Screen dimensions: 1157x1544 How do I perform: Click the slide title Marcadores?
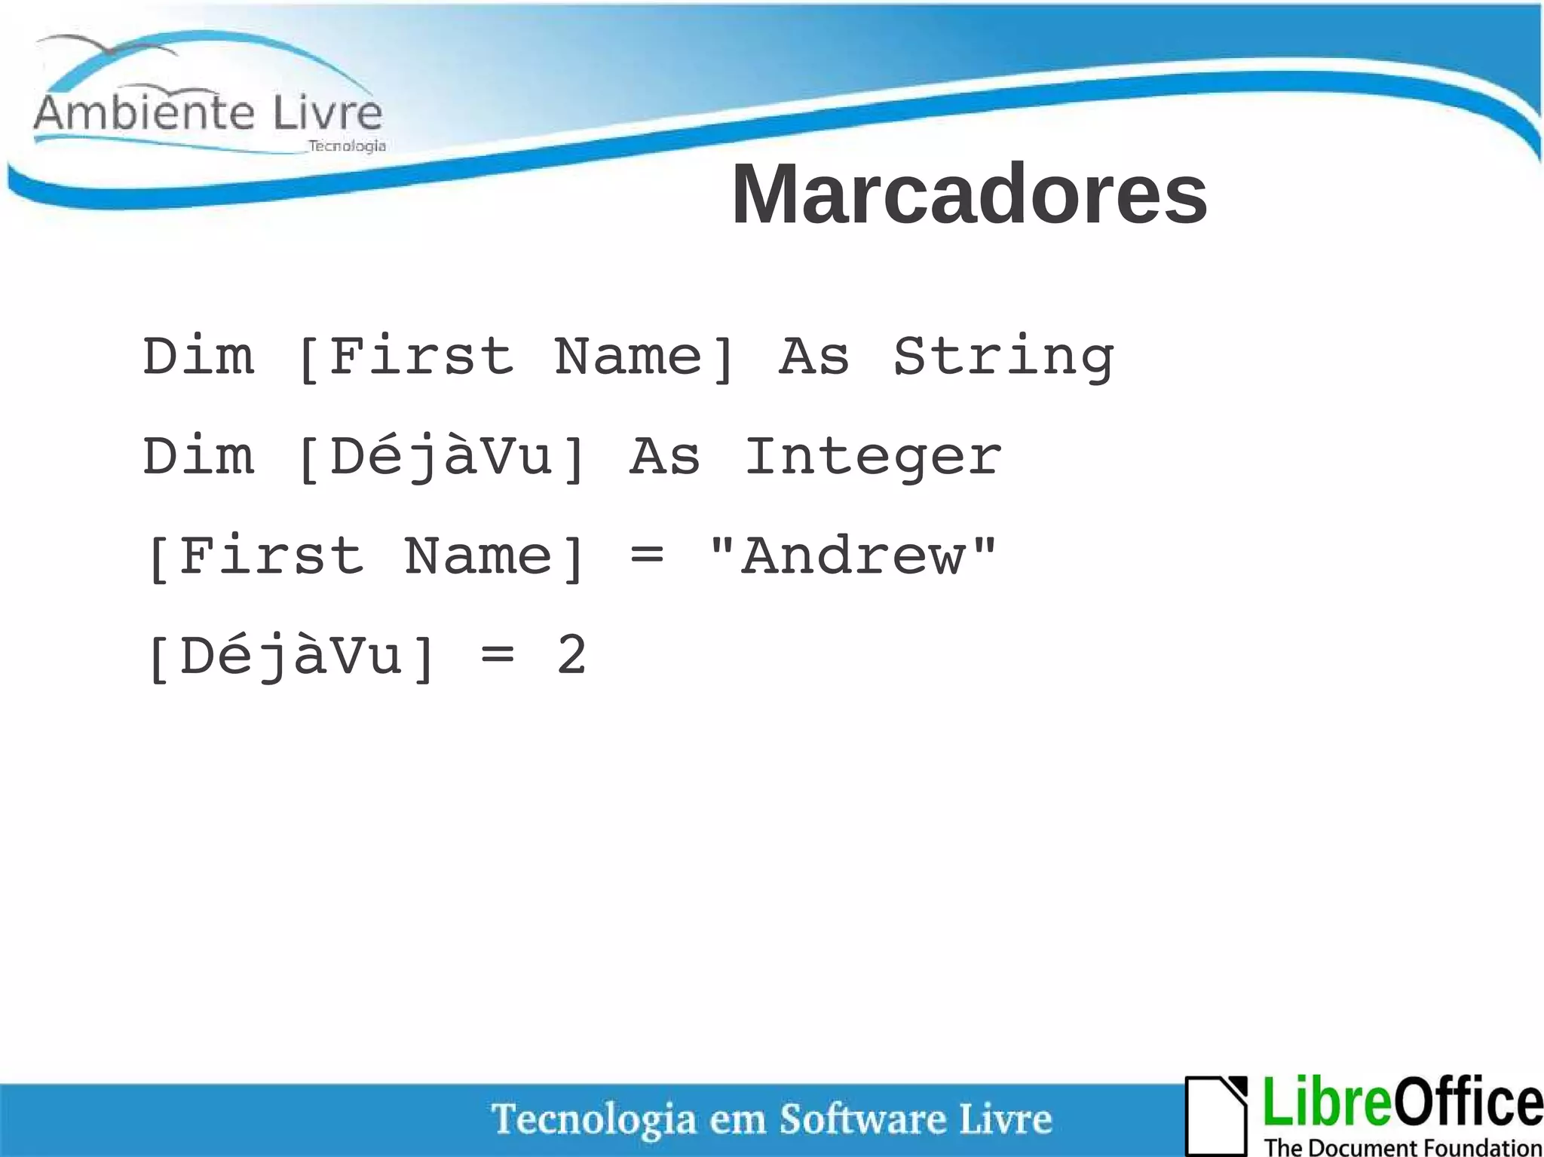coord(969,194)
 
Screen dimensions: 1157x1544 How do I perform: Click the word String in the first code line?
coord(1003,357)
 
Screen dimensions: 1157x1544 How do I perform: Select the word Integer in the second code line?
coord(873,457)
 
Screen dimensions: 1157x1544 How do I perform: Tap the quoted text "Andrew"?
coord(853,556)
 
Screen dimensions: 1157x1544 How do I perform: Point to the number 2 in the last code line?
coord(571,655)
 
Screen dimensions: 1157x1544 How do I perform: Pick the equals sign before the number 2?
coord(498,657)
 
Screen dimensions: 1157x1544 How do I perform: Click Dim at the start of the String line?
coord(199,357)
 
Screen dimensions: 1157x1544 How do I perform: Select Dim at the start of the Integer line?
coord(199,457)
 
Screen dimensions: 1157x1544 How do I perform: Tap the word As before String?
coord(814,357)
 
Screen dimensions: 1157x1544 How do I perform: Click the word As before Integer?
coord(665,457)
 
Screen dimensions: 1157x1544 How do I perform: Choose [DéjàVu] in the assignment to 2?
coord(291,657)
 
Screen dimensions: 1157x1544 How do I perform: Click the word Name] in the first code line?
coord(645,357)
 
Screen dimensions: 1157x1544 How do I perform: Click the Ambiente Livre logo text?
coord(208,114)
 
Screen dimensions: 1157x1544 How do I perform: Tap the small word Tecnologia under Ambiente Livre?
coord(347,146)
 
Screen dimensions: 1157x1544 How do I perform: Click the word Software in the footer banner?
coord(861,1119)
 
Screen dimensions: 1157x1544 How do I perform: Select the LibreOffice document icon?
coord(1216,1114)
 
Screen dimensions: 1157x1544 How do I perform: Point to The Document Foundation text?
coord(1402,1146)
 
